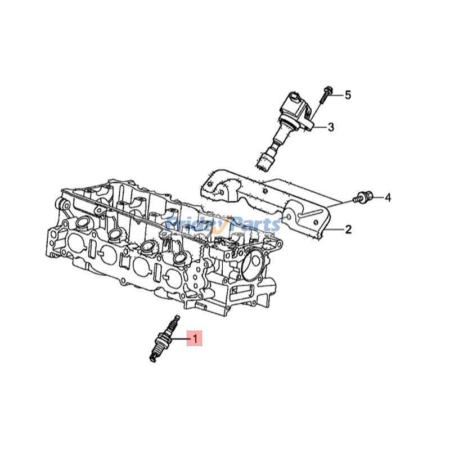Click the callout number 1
pyautogui.click(x=195, y=339)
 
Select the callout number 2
pyautogui.click(x=348, y=229)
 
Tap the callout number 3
pyautogui.click(x=331, y=127)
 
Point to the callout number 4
pyautogui.click(x=388, y=197)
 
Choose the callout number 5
pyautogui.click(x=348, y=94)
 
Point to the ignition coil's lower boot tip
pyautogui.click(x=264, y=163)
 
